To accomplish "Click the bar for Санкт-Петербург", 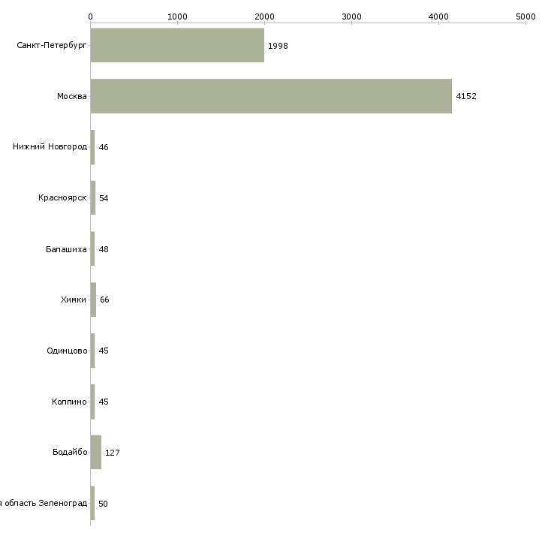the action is pos(177,45).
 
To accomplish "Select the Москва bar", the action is pos(271,96).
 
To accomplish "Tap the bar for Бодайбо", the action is pos(96,452).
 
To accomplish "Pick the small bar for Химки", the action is pos(93,300).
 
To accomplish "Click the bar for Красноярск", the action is pos(93,198).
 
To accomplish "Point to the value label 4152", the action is pos(466,96).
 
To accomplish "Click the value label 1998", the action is pos(278,46).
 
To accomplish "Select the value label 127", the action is pos(112,453).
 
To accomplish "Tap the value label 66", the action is pos(104,300).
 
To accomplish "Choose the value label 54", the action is pos(104,198).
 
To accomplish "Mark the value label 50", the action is pos(103,504).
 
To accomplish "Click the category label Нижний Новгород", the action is pos(50,146).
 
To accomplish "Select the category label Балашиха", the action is pos(66,249).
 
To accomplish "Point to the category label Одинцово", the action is pos(67,351).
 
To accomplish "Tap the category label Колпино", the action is pos(69,402).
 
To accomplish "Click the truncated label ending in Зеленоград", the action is pos(44,503).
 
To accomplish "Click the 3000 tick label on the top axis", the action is pos(351,17).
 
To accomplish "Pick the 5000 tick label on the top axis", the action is pos(525,17).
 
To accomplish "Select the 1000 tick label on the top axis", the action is pos(178,17).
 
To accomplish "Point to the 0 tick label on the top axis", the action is pos(91,17).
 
